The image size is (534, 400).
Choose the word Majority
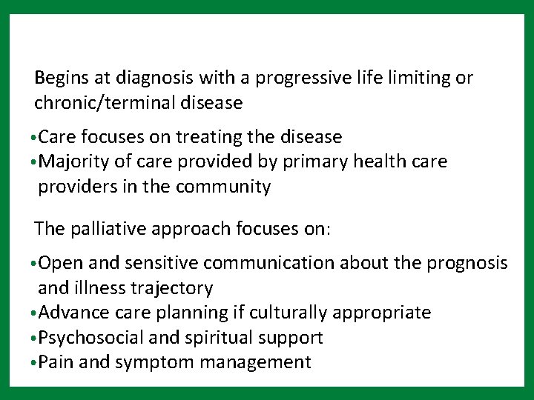(x=72, y=162)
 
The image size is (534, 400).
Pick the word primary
(x=316, y=162)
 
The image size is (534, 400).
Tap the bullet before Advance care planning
(x=34, y=313)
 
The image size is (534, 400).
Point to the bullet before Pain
(x=34, y=363)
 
